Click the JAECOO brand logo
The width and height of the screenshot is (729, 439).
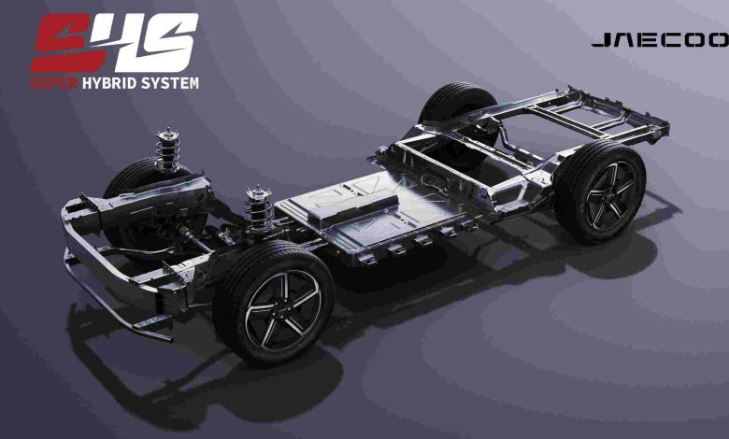[x=660, y=40]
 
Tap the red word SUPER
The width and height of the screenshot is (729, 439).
[x=54, y=83]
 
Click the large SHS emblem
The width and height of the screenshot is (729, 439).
[x=114, y=43]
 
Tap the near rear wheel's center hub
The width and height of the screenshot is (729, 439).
[x=609, y=195]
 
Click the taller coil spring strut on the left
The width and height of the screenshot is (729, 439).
[x=167, y=151]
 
